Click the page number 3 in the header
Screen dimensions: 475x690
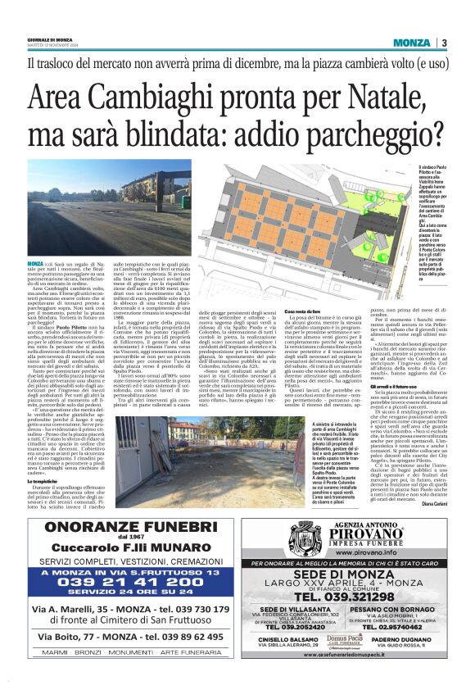pos(443,43)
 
